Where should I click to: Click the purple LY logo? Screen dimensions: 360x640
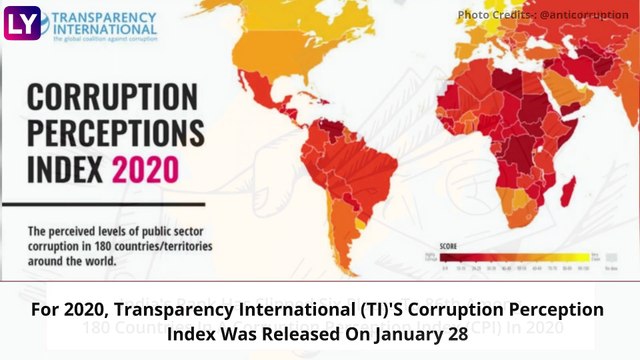pos(20,22)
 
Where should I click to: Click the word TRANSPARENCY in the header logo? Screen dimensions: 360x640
pos(104,17)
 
